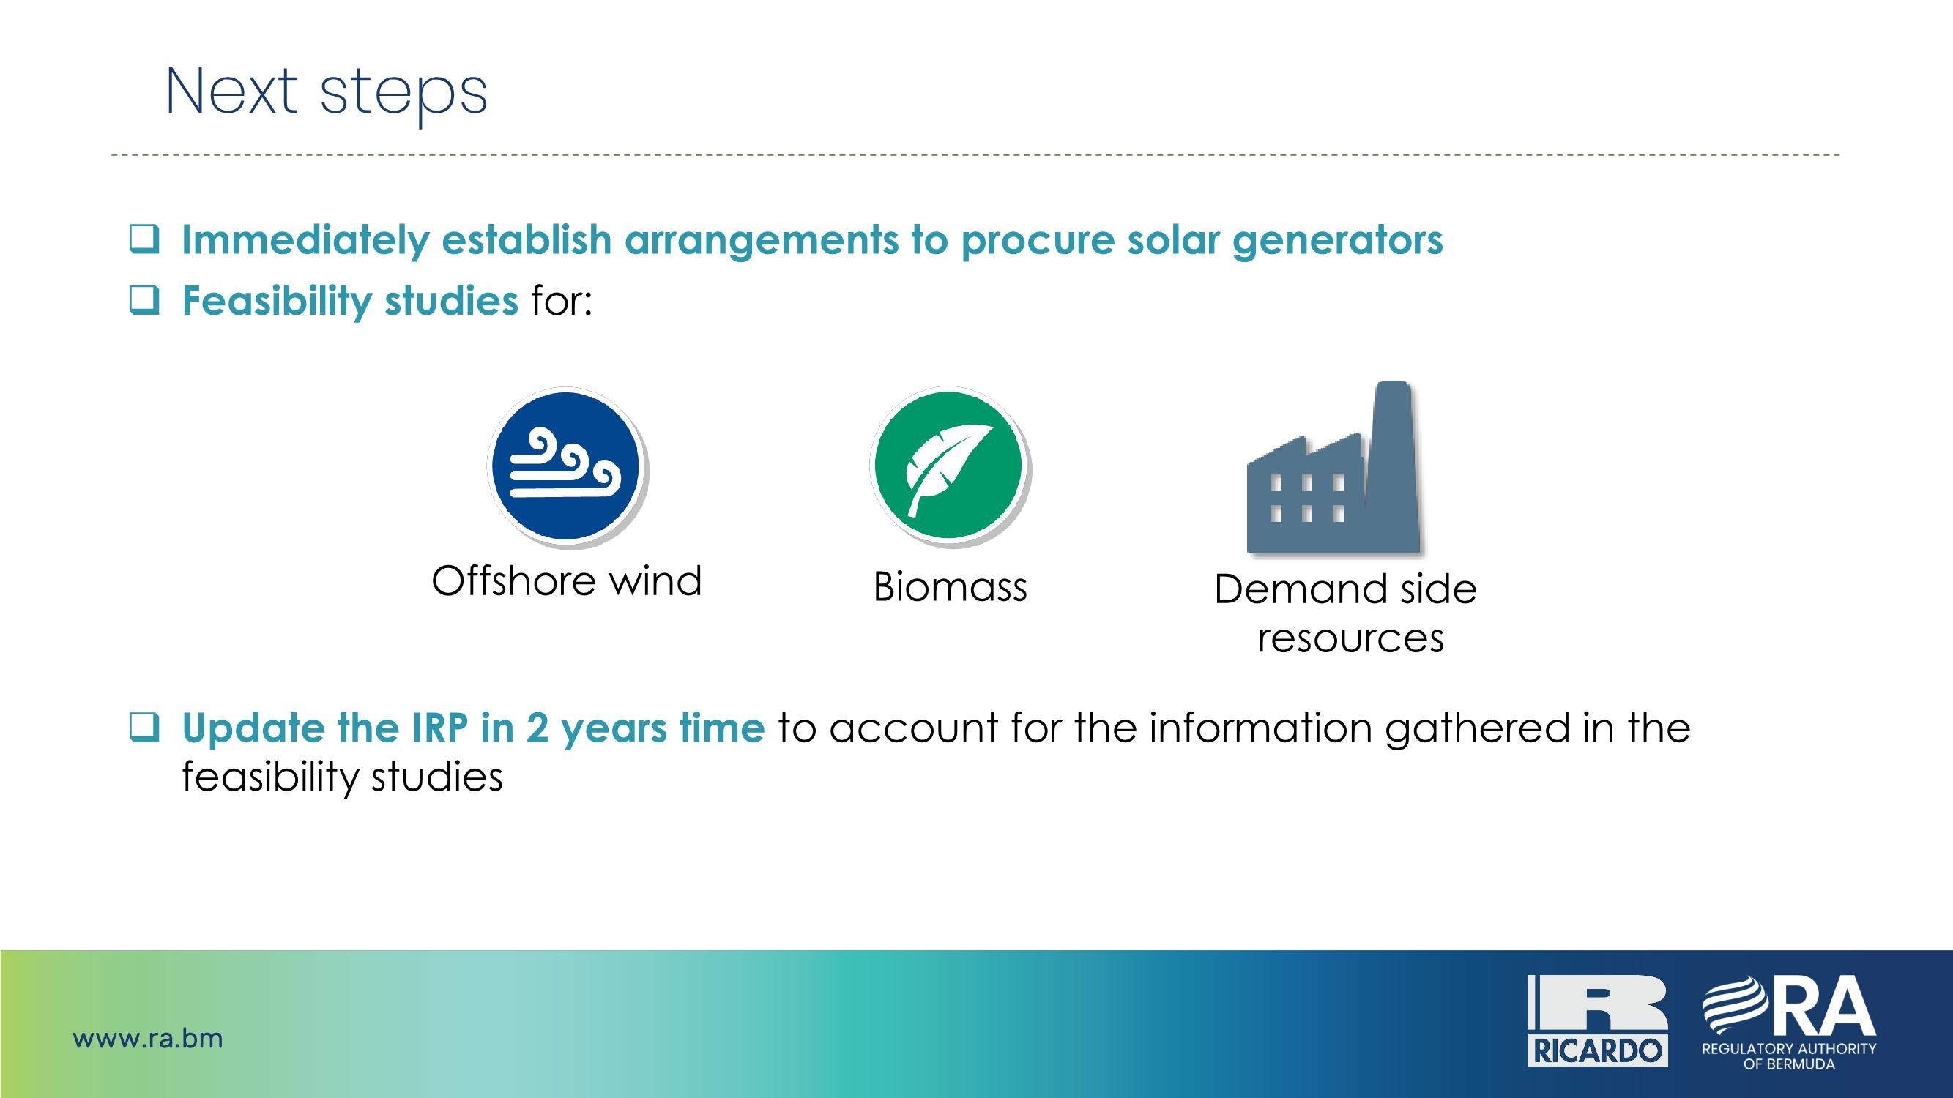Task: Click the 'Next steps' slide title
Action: (326, 92)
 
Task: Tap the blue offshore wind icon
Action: (566, 466)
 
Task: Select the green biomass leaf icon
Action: (948, 466)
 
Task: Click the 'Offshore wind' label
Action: (566, 581)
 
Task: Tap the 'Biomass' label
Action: (950, 587)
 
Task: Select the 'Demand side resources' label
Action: (1347, 613)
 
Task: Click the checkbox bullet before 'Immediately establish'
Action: (144, 239)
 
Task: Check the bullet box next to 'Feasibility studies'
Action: (144, 301)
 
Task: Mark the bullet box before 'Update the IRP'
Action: (144, 728)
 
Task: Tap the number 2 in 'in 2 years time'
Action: (537, 728)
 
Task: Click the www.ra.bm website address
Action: (148, 1038)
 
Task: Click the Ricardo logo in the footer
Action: (1596, 1020)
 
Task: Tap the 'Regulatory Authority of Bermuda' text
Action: (1788, 1056)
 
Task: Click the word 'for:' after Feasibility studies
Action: (561, 301)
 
